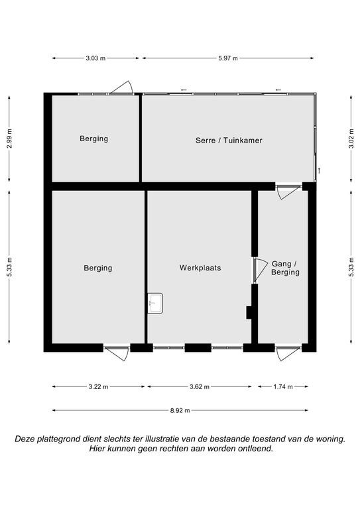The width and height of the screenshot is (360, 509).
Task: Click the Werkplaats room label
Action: click(x=200, y=268)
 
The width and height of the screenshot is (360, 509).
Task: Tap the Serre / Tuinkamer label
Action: click(x=229, y=141)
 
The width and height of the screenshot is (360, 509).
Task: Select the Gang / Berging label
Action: click(x=285, y=268)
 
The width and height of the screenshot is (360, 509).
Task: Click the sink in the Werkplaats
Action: click(x=155, y=303)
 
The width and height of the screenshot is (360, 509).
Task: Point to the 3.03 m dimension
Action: click(x=95, y=58)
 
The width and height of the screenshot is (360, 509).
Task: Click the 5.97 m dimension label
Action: click(x=227, y=58)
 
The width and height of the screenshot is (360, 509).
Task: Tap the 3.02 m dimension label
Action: click(x=351, y=139)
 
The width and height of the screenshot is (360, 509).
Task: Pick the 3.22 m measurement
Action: click(x=98, y=386)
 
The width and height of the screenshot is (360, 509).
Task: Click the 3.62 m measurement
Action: click(x=200, y=386)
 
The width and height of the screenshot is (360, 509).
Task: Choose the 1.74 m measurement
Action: click(x=283, y=386)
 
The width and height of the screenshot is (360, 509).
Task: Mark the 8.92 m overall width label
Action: click(x=180, y=411)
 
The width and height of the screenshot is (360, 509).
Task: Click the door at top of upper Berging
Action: click(x=122, y=87)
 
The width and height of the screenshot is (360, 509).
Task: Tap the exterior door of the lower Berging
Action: click(x=117, y=353)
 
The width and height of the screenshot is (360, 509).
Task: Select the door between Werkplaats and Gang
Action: click(x=260, y=270)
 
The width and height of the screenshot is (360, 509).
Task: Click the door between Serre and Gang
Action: click(x=288, y=192)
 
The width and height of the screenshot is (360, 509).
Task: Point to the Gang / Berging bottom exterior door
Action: click(x=288, y=353)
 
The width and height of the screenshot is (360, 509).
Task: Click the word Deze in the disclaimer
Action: click(x=25, y=439)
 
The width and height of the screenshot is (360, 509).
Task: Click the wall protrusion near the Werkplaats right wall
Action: click(x=249, y=313)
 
